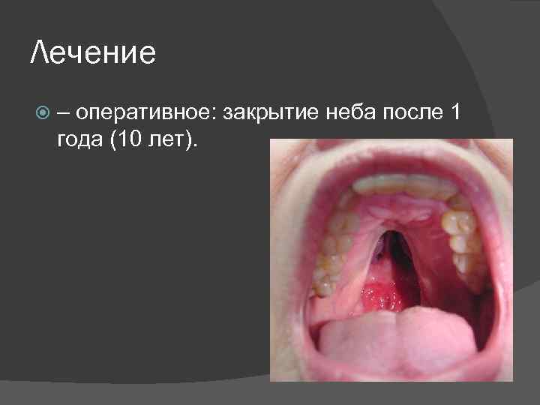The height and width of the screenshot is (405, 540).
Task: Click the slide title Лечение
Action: coord(94,53)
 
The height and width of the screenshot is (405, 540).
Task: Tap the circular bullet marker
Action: coord(43,113)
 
